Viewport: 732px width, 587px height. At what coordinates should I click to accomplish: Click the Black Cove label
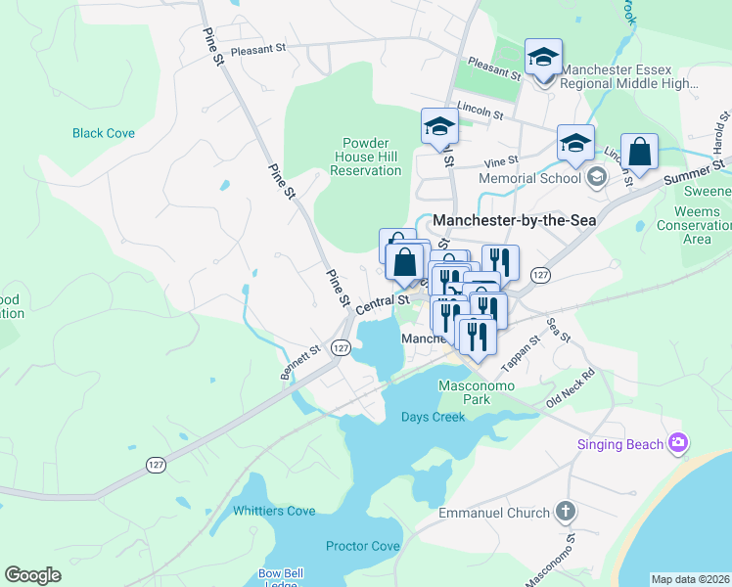coord(103,133)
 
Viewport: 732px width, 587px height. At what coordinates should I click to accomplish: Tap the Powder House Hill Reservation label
coord(365,157)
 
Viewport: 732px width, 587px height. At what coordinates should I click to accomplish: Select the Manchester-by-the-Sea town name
coord(514,220)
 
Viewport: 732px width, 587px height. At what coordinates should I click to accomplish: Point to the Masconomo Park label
coord(463,392)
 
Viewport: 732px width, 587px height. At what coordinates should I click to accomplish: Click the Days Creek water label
coord(433,417)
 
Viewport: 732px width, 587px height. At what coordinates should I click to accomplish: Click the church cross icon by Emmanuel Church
coord(565,511)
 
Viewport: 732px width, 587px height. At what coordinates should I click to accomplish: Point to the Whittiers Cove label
coord(274,511)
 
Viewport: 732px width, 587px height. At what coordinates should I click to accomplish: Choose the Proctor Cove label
coord(363,545)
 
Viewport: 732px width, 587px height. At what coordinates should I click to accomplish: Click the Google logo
coord(32,575)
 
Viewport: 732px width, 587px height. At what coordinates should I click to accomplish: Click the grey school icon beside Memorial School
coord(596,177)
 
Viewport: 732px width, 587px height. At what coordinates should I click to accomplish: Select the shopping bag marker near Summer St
coord(639,153)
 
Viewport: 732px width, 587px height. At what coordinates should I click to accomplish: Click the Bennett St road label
coord(300,362)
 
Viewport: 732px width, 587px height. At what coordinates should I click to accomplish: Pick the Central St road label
coord(381,303)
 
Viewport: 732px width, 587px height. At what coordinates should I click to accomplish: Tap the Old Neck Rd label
coord(571,388)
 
